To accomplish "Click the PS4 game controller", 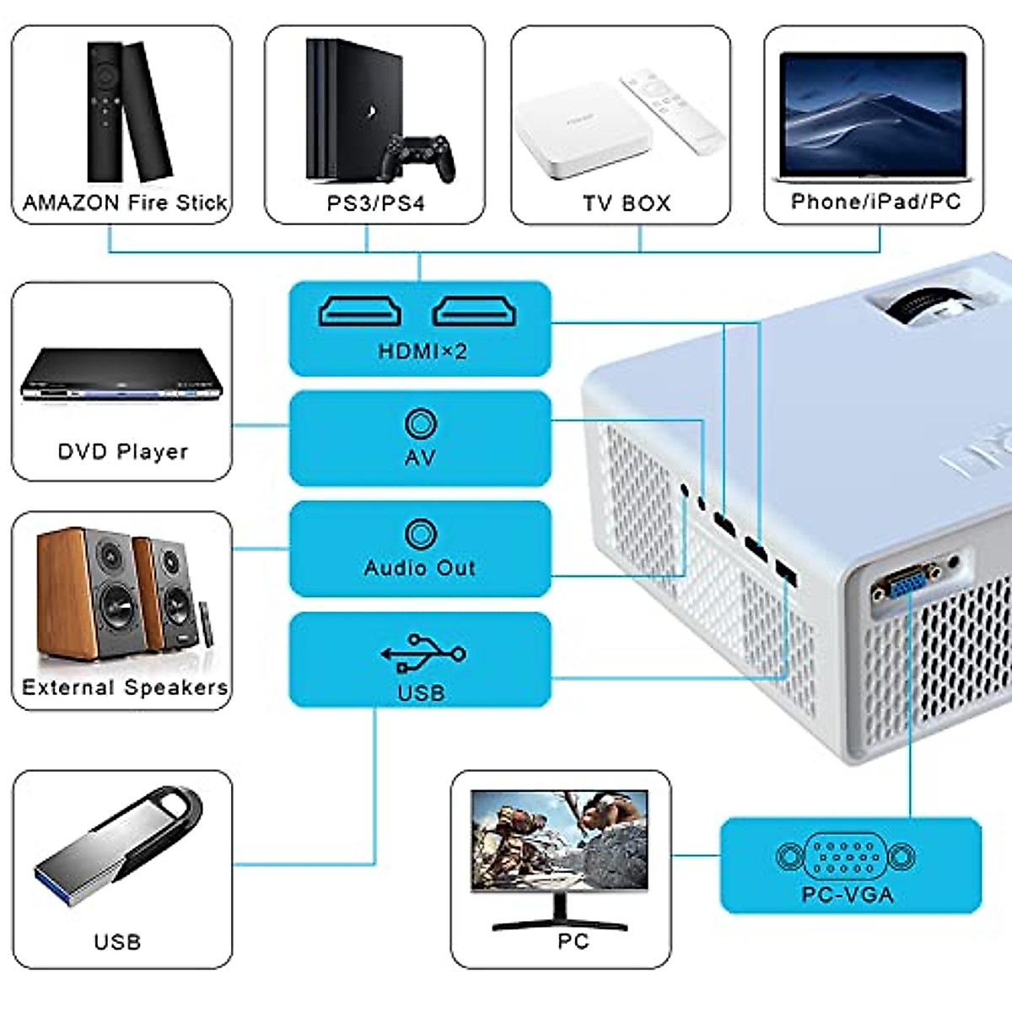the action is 418,158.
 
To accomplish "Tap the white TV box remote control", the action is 673,111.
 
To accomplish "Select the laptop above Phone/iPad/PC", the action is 874,116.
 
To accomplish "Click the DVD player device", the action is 121,374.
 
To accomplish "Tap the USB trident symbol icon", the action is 423,654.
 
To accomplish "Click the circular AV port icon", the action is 421,423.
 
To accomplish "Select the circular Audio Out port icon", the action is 421,534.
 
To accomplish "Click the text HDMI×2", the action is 423,352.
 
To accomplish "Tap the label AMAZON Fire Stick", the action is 125,202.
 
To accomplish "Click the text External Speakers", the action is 125,687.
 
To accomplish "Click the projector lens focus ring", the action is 923,310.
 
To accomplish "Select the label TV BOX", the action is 627,203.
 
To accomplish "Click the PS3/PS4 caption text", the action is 375,203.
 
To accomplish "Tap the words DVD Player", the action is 123,452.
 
